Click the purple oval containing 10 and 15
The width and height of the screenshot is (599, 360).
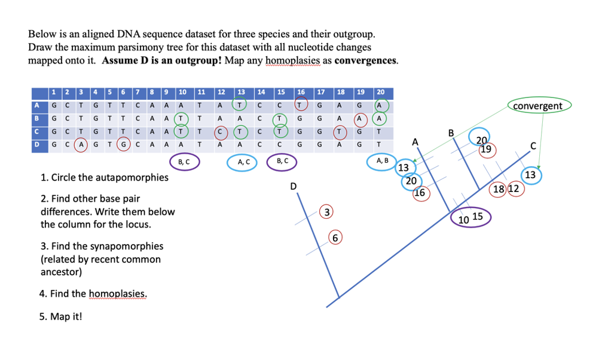point(470,218)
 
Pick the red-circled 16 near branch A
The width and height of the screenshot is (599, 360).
point(420,193)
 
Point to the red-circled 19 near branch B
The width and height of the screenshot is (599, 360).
point(486,149)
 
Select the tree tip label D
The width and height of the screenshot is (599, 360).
point(293,187)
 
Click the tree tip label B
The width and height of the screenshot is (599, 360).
point(452,132)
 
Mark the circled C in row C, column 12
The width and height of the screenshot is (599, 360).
point(221,131)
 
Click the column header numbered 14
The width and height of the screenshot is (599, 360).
point(261,92)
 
